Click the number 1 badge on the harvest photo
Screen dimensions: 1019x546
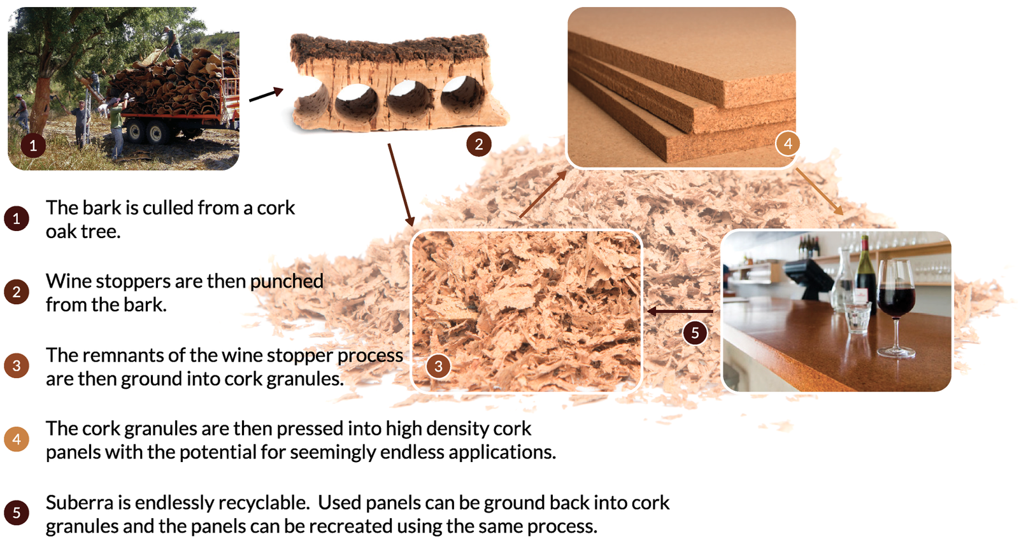(33, 145)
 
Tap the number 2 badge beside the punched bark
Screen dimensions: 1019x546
(478, 144)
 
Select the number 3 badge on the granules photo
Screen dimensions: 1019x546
(438, 366)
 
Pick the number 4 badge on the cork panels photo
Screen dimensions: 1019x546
(788, 144)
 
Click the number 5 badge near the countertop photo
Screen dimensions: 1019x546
(695, 332)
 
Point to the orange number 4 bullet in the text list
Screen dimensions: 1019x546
(17, 439)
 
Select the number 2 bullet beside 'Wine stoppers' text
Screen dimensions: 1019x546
(17, 292)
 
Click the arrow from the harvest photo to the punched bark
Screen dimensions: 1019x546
(266, 95)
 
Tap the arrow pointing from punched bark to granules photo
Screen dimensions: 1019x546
(401, 185)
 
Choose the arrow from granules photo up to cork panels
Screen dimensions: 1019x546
(542, 194)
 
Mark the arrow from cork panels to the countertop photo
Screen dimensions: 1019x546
(819, 191)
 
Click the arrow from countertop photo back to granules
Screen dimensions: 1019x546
(680, 311)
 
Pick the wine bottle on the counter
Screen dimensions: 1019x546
(864, 274)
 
